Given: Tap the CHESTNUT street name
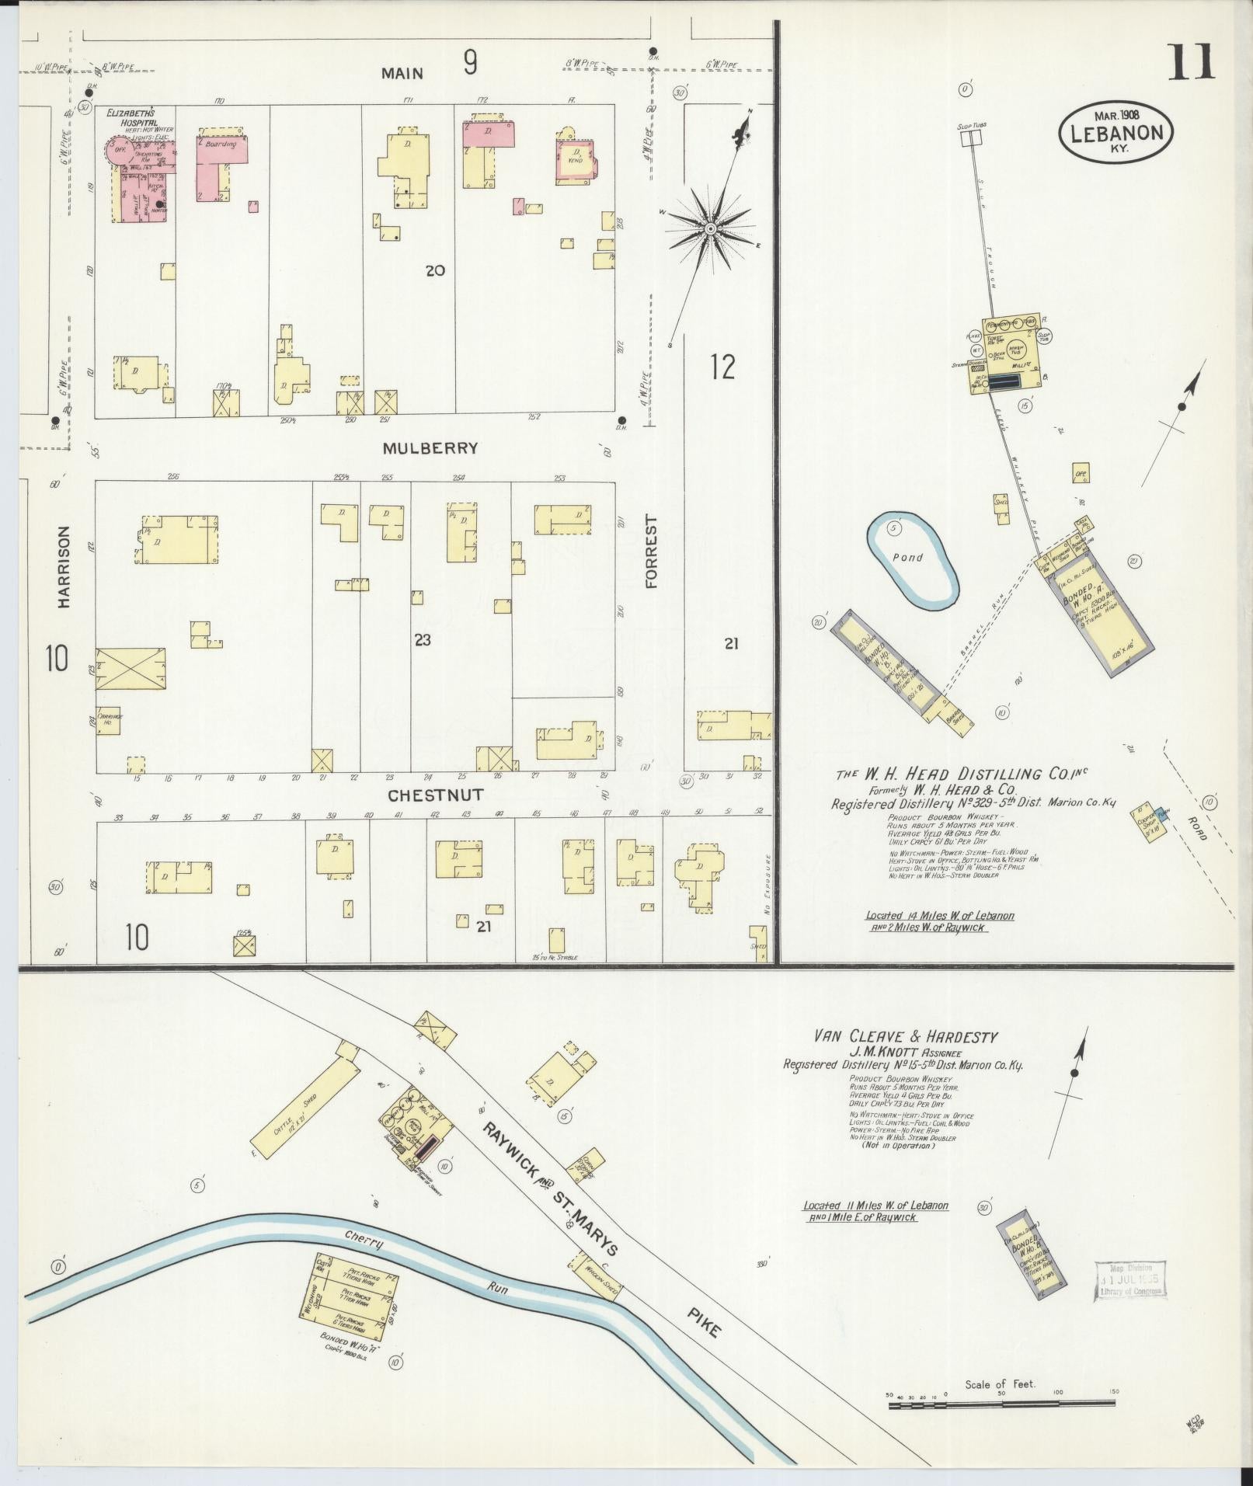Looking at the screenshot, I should coord(436,795).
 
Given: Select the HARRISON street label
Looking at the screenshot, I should coord(64,566).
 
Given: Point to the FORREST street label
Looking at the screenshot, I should coord(651,552).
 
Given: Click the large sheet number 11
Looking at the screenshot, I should coord(1191,62).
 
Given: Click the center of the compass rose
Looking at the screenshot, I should coord(709,228).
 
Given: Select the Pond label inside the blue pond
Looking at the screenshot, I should coord(907,557).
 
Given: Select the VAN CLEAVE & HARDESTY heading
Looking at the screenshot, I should coord(905,1035).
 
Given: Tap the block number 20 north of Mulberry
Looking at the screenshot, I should coord(435,270).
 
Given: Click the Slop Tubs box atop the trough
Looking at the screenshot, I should coord(969,138).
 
